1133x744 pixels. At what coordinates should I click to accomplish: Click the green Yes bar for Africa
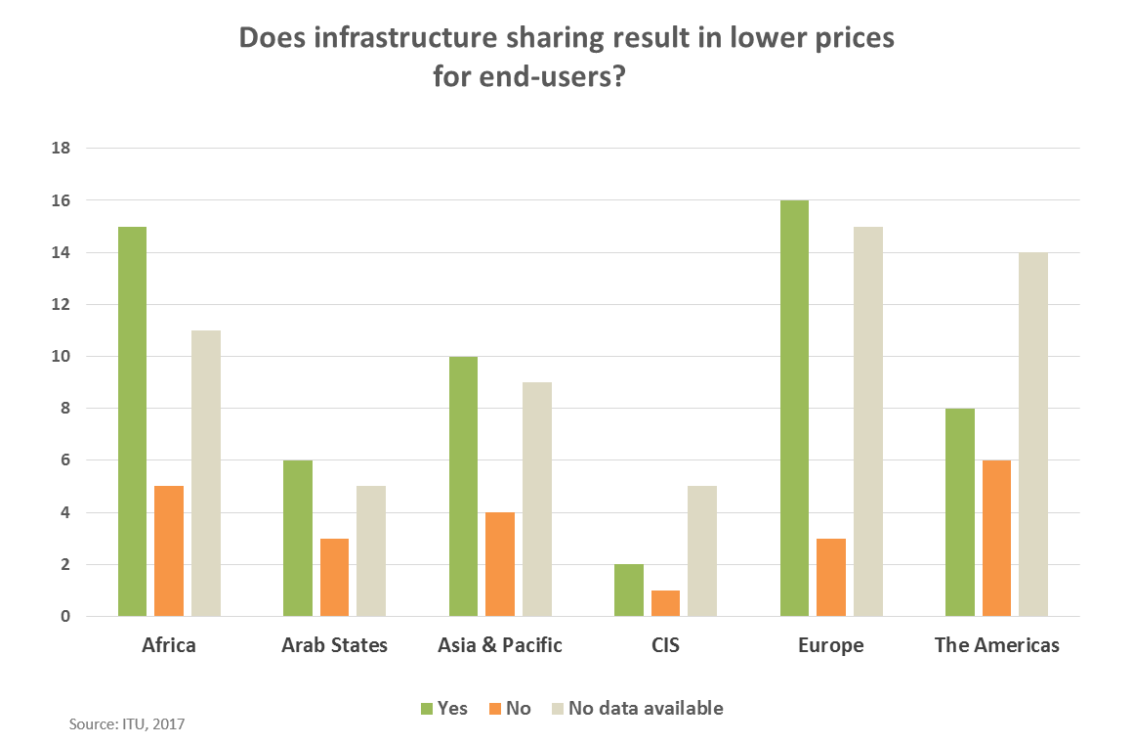pos(132,421)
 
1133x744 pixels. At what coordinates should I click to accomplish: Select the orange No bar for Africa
pos(169,551)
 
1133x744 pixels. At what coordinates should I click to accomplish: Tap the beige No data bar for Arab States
pos(371,551)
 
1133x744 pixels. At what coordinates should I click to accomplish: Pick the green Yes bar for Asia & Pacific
pos(463,487)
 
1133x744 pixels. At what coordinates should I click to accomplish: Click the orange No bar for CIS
pos(666,603)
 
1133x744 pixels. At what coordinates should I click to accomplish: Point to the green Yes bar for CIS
pos(629,591)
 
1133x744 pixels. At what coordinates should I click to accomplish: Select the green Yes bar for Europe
pos(794,409)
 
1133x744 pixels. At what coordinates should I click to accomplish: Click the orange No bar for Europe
pos(831,577)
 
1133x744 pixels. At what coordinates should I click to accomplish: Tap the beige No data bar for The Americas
pos(1033,434)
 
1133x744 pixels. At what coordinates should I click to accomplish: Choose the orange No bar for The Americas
pos(997,539)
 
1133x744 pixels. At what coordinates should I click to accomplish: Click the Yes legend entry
pos(443,708)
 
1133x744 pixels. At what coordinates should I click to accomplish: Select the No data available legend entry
pos(637,708)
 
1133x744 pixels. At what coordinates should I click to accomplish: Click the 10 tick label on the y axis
pos(61,357)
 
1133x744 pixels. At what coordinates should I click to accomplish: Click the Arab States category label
pos(334,645)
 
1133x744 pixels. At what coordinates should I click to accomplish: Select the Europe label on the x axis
pos(831,645)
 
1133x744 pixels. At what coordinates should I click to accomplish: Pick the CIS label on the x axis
pos(665,645)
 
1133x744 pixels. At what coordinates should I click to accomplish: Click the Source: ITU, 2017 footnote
pos(127,724)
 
